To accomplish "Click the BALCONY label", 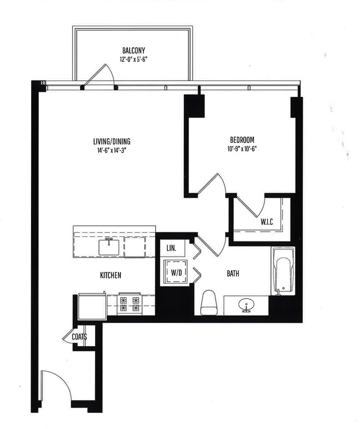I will click(134, 50).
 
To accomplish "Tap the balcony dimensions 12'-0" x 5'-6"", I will click(134, 59).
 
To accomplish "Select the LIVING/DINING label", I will click(108, 141).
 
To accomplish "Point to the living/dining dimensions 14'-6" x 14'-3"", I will click(108, 150).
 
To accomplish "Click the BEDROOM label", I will click(242, 140).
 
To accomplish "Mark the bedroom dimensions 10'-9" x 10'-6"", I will click(242, 148).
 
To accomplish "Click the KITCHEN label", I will click(110, 275).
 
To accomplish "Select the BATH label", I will click(233, 273).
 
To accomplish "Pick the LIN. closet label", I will click(171, 249).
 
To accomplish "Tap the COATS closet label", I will click(79, 337).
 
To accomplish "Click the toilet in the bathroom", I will click(209, 303).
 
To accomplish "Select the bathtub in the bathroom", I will click(283, 270).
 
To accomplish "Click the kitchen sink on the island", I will click(109, 247).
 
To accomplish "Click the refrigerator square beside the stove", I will click(92, 307).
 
